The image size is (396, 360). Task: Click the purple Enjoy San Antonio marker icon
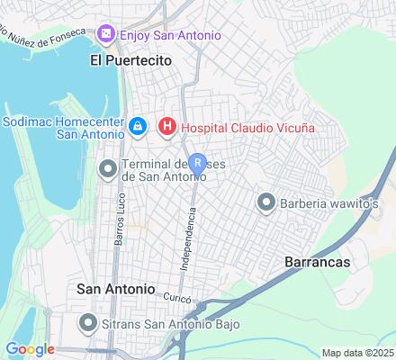coord(106,34)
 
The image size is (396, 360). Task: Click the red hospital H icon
coord(166,128)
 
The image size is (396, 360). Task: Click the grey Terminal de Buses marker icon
coord(107,168)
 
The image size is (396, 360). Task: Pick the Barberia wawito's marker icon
coord(266,202)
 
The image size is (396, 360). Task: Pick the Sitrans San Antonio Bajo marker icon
coord(87,321)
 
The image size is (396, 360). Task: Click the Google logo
coord(30,349)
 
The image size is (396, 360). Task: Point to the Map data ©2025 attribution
coord(358,353)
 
